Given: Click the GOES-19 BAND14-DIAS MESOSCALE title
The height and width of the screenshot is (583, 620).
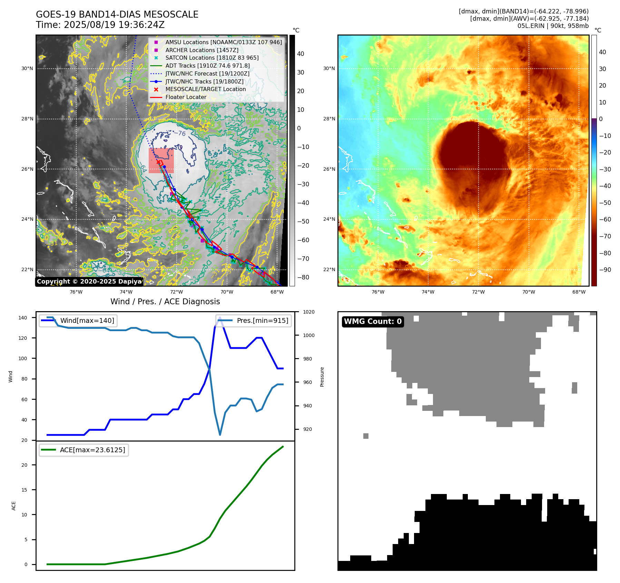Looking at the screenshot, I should (117, 14).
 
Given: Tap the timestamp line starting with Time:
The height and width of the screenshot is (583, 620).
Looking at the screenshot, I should (100, 25).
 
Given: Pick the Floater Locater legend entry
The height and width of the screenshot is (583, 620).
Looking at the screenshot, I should (186, 97).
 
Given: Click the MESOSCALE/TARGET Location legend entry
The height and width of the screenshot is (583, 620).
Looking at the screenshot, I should (205, 89).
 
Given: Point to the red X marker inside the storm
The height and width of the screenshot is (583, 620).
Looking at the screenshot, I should (158, 162).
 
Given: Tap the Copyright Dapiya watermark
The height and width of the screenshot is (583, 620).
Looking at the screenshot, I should (89, 281).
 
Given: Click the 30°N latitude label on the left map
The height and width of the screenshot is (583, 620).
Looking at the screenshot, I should (27, 68).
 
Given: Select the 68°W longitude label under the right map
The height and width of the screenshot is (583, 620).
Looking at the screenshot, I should (579, 292).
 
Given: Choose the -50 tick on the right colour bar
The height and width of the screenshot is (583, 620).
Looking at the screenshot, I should (605, 202).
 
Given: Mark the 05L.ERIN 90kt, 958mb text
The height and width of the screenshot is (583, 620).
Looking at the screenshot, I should (553, 26).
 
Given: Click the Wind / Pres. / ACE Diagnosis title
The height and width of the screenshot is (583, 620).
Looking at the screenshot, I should (165, 302).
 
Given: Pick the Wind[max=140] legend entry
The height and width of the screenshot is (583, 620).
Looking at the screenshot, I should (87, 320).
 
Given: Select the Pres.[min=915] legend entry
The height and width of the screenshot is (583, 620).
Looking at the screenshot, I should (262, 320).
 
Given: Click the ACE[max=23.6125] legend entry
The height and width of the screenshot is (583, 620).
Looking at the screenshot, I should (92, 450).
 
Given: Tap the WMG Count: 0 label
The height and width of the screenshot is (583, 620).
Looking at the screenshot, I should (373, 322).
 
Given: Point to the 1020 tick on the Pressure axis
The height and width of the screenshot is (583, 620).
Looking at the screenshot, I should (308, 312).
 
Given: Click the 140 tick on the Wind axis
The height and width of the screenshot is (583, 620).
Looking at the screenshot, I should (23, 318).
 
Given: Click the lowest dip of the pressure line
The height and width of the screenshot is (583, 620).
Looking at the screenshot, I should (220, 435).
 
